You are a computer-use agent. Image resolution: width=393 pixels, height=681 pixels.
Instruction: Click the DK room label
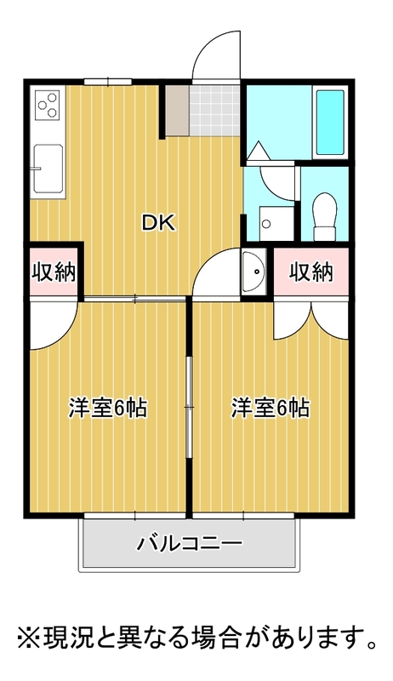(159, 223)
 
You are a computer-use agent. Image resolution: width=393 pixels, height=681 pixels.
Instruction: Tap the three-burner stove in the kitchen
(48, 106)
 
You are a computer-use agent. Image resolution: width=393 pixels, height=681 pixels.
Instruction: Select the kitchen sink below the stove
(48, 169)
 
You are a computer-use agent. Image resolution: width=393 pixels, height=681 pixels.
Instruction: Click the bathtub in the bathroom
(330, 123)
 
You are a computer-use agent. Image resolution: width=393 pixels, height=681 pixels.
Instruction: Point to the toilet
(325, 216)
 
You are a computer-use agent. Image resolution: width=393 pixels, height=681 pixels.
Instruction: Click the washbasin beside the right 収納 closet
(253, 272)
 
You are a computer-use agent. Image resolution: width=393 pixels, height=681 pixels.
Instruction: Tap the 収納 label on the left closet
(54, 272)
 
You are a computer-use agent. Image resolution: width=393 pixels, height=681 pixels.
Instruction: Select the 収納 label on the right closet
(311, 272)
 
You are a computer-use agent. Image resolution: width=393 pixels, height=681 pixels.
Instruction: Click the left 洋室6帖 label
(108, 408)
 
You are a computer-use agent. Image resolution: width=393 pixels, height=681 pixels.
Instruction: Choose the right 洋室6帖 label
(271, 408)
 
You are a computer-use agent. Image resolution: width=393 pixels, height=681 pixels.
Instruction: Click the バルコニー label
(190, 543)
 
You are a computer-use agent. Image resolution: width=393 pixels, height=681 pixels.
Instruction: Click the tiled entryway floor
(214, 111)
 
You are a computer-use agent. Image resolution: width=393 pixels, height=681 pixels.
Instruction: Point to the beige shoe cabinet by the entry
(177, 111)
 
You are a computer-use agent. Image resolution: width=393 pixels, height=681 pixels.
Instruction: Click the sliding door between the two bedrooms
(189, 408)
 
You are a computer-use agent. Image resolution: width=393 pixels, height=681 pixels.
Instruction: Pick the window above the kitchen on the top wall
(107, 81)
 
